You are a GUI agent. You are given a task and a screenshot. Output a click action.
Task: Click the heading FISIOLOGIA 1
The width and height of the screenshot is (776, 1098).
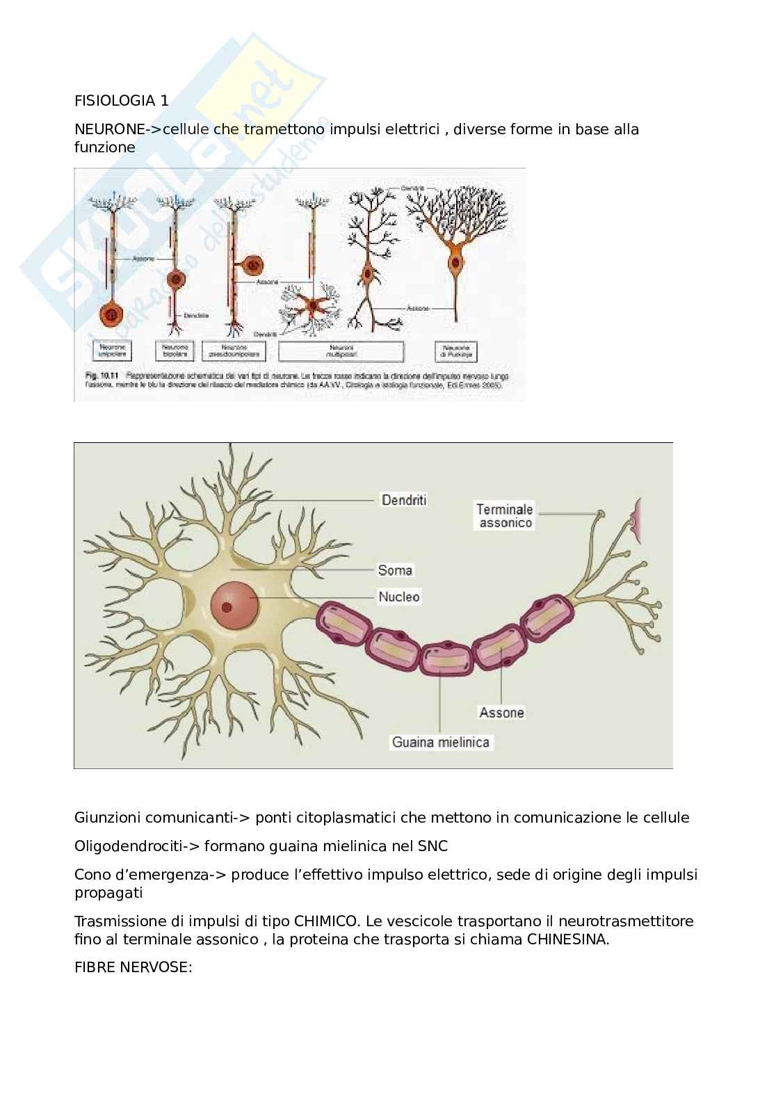(x=121, y=100)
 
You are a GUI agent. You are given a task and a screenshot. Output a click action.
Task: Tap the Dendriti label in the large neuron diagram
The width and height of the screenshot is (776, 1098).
(x=403, y=499)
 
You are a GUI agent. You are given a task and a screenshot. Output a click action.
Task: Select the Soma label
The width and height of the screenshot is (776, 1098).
(x=394, y=570)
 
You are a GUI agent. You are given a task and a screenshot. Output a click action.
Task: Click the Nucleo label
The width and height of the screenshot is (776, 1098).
(x=398, y=597)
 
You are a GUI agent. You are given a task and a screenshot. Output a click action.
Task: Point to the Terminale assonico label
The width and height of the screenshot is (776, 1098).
(x=505, y=515)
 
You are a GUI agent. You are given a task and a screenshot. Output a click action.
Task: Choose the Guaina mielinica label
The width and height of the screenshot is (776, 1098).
(x=441, y=742)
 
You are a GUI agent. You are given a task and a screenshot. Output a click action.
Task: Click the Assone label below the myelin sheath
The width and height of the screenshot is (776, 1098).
(x=501, y=712)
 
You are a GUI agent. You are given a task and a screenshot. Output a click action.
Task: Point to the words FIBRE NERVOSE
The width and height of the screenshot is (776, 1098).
(x=133, y=967)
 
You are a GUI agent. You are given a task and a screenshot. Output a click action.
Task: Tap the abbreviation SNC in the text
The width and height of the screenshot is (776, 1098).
(x=433, y=846)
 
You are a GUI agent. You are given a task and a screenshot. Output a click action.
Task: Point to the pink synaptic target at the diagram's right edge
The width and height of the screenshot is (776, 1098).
(x=637, y=520)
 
